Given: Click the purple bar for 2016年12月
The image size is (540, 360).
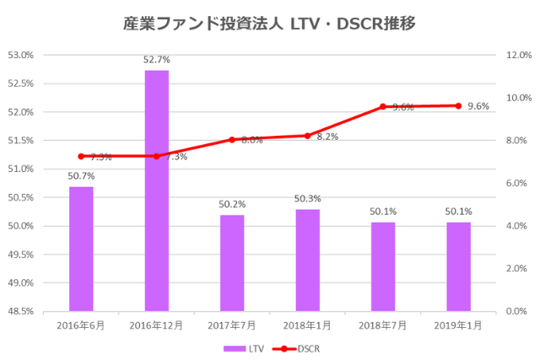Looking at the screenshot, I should click(157, 191).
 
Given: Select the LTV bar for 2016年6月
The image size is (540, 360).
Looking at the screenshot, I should click(81, 249).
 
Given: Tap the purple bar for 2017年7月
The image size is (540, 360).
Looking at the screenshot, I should click(232, 263).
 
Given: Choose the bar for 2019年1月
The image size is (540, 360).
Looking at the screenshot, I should click(458, 266).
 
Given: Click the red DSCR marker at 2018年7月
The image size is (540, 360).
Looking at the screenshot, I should click(382, 106).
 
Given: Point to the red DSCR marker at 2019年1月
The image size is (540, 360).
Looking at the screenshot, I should click(458, 105).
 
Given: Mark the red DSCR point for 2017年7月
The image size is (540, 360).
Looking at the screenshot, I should click(232, 140).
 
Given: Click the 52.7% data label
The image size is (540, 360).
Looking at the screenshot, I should click(157, 60).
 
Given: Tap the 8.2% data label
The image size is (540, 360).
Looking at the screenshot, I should click(327, 137).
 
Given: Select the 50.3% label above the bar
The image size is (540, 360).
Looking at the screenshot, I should click(308, 198).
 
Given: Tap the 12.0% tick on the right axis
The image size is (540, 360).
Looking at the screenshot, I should click(516, 55).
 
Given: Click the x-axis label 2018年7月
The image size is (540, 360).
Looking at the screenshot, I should click(382, 325).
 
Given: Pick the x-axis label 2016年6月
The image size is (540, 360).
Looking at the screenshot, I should click(81, 325).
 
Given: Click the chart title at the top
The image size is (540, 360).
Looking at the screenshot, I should click(270, 24).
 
